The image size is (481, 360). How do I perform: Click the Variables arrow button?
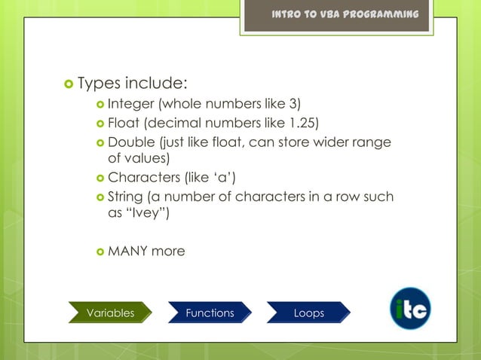click(110, 313)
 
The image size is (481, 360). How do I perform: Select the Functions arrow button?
click(210, 313)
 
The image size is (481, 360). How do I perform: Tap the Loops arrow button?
click(308, 313)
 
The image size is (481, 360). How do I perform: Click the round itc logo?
click(410, 309)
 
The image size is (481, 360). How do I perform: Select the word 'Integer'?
click(130, 103)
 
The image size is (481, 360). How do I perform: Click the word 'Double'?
click(131, 142)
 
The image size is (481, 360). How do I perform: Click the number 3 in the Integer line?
click(294, 103)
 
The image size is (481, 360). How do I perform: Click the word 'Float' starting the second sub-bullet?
click(124, 123)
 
